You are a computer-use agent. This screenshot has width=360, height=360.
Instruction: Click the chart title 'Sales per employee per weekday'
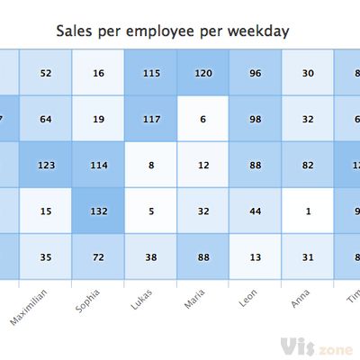click(x=172, y=31)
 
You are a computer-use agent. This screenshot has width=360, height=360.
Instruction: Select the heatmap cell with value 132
click(x=97, y=211)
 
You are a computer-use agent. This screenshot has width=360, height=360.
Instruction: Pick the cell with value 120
click(x=202, y=72)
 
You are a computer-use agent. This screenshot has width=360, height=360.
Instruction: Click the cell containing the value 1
click(x=308, y=211)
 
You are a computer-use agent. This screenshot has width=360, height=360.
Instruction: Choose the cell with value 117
click(x=149, y=119)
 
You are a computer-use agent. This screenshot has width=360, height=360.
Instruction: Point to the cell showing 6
click(x=202, y=119)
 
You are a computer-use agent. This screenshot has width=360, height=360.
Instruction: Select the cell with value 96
click(x=255, y=72)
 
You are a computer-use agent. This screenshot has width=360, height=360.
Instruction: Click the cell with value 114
click(x=97, y=165)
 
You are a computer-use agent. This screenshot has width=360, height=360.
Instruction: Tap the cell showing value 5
click(x=149, y=211)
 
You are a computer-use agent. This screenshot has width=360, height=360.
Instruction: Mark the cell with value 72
click(x=97, y=257)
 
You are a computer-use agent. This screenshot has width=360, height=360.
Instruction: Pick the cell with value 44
click(x=255, y=211)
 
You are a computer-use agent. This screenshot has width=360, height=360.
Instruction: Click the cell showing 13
click(x=255, y=257)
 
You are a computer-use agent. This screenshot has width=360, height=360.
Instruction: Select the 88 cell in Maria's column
click(x=202, y=257)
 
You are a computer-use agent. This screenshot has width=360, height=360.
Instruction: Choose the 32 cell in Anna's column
click(x=308, y=119)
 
